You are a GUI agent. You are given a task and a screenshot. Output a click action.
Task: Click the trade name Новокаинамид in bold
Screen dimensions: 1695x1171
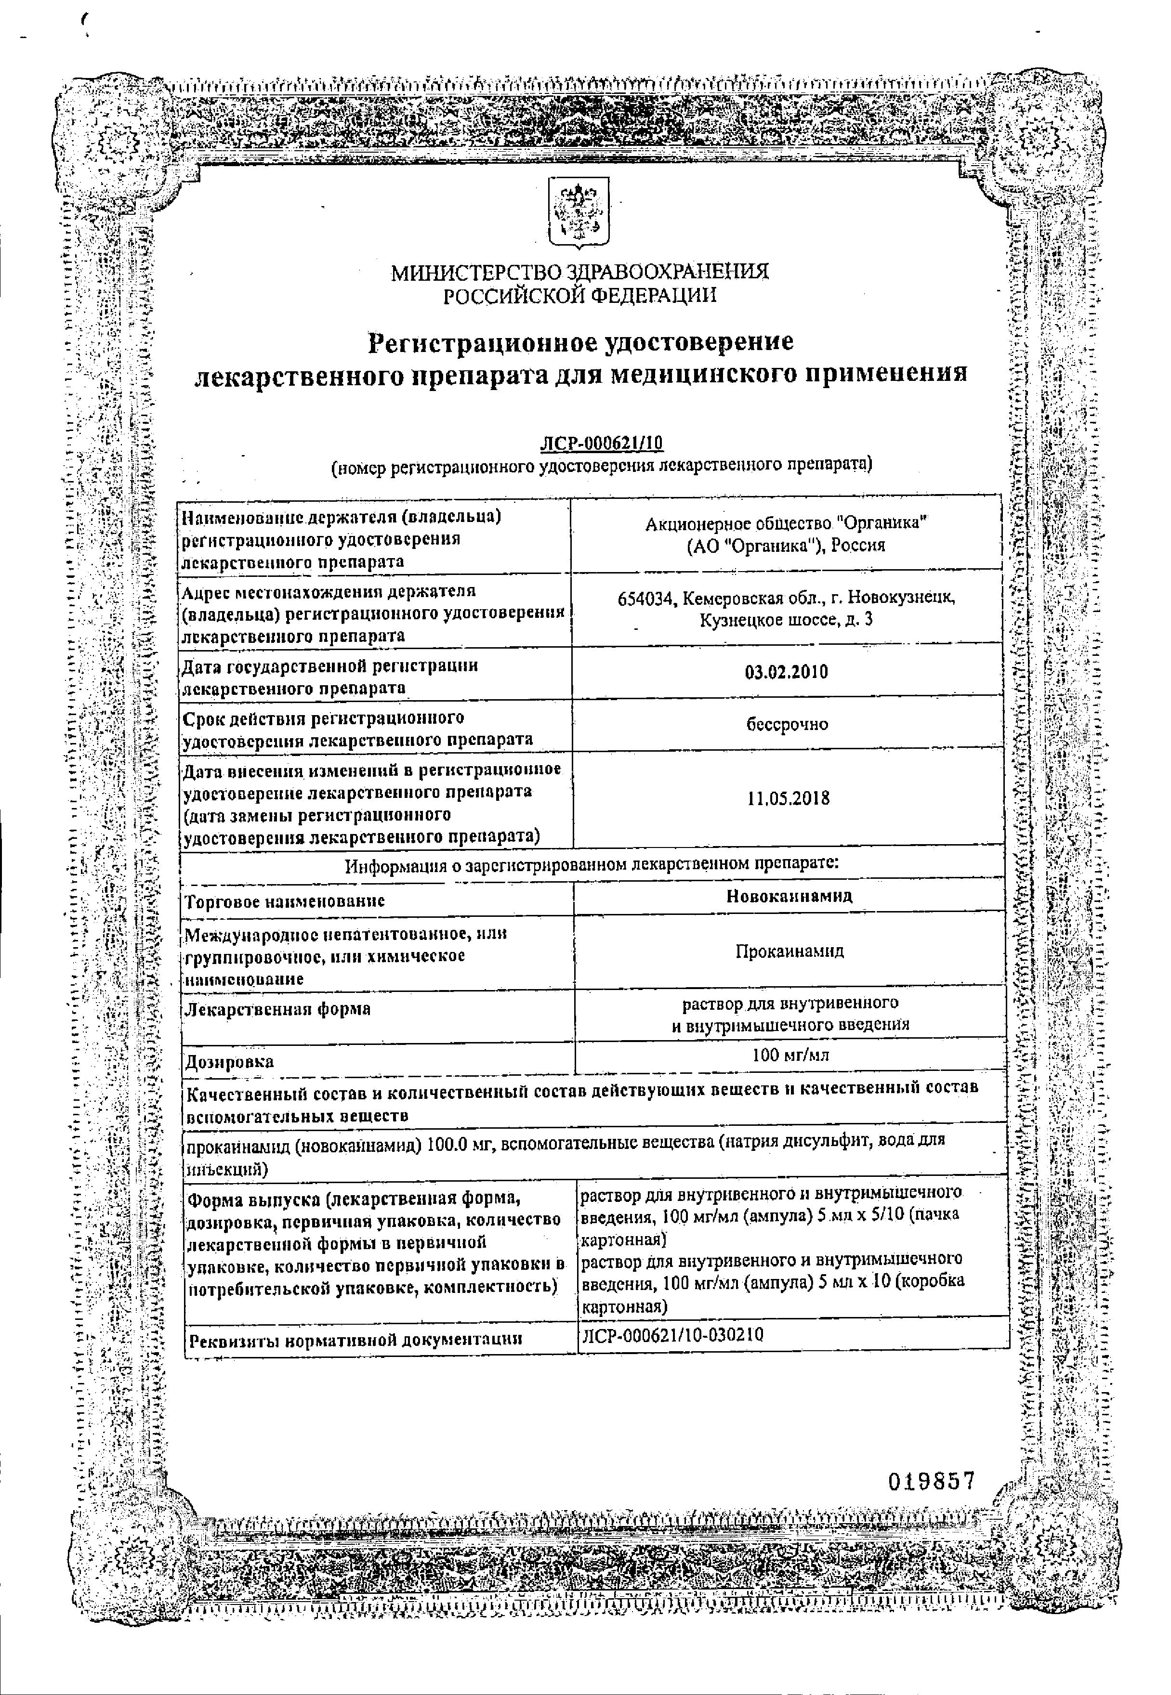click(789, 896)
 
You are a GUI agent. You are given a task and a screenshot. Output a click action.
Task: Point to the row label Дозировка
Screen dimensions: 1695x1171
click(230, 1061)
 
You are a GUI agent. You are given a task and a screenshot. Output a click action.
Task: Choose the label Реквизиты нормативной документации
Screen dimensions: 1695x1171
click(356, 1339)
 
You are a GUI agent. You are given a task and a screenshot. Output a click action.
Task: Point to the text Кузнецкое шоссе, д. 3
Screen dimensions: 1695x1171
click(786, 620)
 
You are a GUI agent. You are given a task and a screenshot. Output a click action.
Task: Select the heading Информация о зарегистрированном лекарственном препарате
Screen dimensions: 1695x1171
click(592, 864)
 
